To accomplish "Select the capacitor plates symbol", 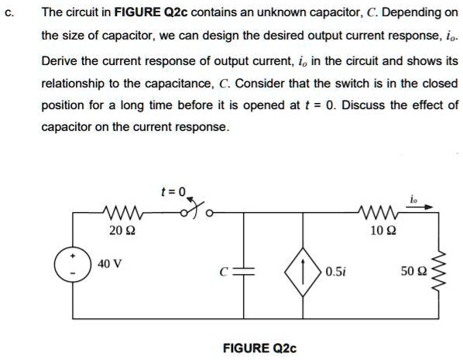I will point(245,271).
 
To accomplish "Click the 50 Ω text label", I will point(413,273).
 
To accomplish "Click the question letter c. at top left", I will point(9,13).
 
